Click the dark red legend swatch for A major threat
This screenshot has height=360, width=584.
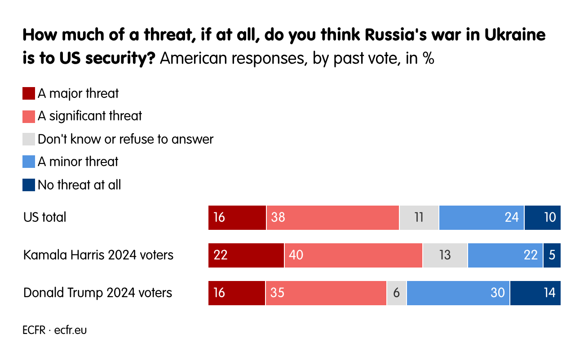point(29,93)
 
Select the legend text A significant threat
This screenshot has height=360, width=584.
point(89,116)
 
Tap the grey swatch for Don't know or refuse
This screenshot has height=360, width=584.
point(29,139)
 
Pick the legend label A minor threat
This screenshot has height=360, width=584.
point(78,162)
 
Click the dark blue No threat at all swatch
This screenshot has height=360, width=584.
point(29,185)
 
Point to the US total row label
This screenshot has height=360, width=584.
point(45,217)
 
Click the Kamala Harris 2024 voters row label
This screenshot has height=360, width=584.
point(98,255)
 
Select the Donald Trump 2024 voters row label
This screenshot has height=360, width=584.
point(97,293)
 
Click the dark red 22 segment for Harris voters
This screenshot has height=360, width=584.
point(246,255)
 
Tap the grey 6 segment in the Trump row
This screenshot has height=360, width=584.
point(396,293)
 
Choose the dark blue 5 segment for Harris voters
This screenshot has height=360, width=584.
point(552,255)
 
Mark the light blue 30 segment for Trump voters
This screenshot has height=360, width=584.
point(458,293)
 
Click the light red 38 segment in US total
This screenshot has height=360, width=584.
point(332,217)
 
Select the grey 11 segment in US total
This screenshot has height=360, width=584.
point(419,217)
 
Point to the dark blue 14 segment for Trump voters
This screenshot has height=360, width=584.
point(535,293)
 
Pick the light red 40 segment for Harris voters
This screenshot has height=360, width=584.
point(353,255)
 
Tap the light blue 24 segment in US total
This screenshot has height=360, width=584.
point(481,217)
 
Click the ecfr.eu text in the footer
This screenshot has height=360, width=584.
point(71,330)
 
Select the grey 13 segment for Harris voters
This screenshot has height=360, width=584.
point(445,255)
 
